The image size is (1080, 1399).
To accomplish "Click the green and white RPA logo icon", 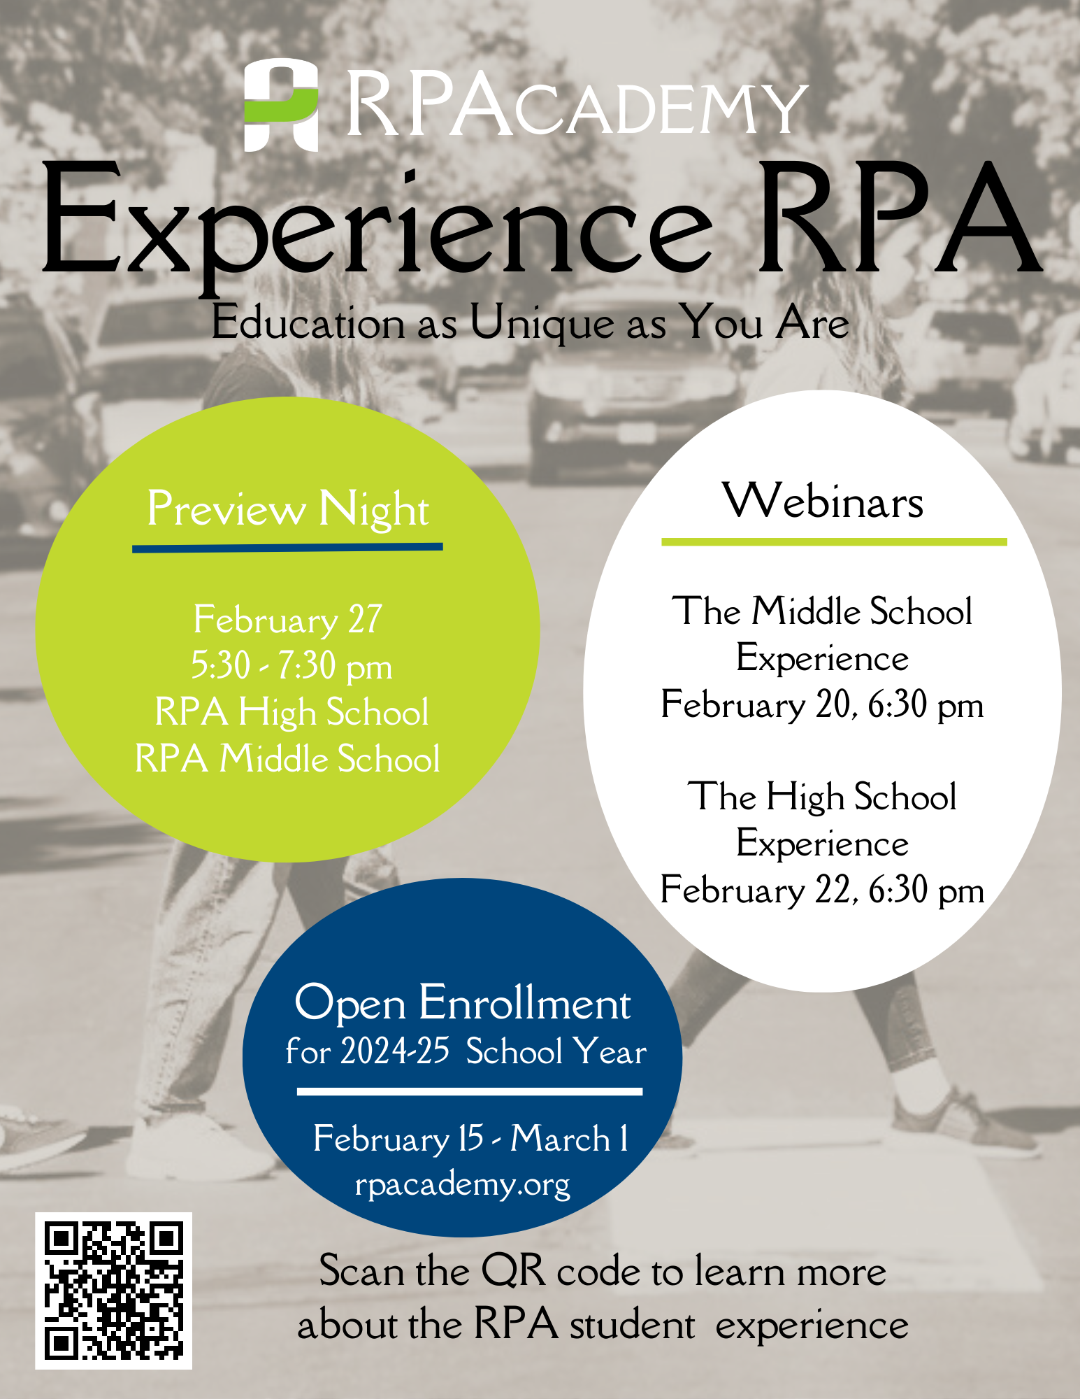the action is [281, 105].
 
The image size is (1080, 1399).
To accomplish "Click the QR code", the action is [114, 1291].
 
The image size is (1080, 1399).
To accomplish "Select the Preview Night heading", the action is [288, 509].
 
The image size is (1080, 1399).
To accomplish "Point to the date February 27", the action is [288, 620].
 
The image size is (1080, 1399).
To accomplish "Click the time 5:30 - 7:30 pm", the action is [291, 665].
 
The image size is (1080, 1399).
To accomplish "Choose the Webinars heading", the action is [823, 501].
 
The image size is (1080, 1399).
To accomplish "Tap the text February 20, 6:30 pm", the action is [822, 704].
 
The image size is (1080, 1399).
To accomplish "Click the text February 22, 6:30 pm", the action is [822, 890].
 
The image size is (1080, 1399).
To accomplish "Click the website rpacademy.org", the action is [463, 1185].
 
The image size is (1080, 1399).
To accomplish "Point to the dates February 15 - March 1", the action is [470, 1138].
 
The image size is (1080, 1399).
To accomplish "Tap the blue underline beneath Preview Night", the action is [287, 547].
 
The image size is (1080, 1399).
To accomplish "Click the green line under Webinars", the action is [834, 541].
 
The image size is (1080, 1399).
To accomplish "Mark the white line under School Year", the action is [470, 1091].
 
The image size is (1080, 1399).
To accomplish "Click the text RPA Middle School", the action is [287, 758].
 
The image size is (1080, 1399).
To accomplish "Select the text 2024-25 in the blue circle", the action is [395, 1051].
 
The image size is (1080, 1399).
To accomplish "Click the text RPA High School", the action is [291, 713].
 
